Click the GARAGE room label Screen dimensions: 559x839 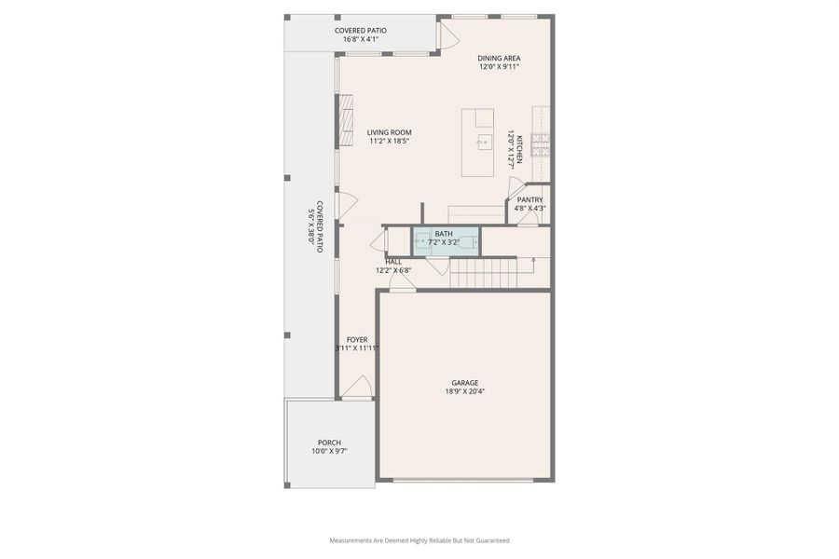coord(465,382)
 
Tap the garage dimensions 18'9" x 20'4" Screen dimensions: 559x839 coord(465,391)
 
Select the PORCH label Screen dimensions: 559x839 coord(329,443)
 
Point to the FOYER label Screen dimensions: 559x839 coord(357,339)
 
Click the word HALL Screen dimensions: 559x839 coord(393,262)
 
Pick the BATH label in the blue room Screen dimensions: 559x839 coord(444,234)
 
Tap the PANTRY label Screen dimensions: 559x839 coord(530,199)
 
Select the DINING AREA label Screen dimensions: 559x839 coord(500,58)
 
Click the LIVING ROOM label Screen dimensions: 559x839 coord(389,132)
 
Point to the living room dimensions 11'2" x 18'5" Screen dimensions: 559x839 coord(389,141)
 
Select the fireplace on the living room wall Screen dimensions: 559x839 coord(346,116)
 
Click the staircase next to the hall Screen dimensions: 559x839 coord(483,273)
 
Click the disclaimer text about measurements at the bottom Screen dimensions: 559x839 coord(419,540)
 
